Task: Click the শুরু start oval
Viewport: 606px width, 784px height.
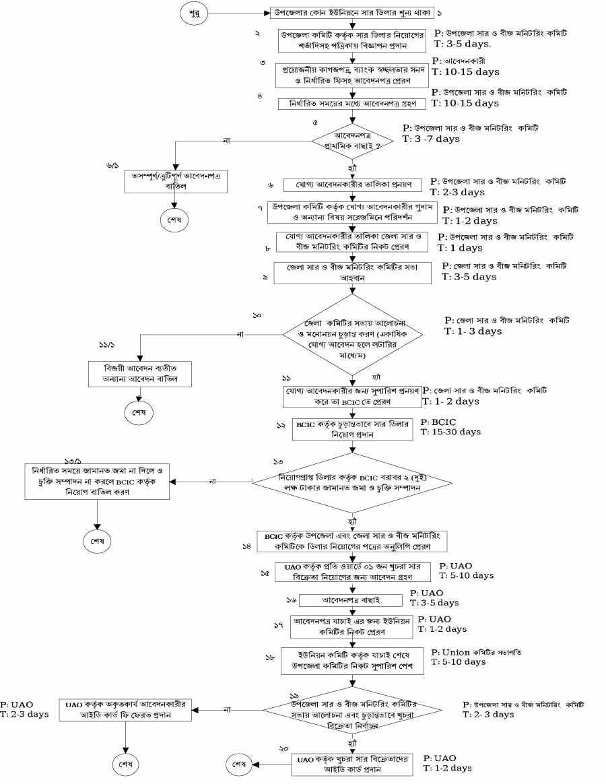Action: coord(194,13)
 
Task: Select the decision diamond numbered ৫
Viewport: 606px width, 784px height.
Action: coord(353,140)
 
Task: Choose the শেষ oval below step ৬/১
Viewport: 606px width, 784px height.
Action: coord(174,220)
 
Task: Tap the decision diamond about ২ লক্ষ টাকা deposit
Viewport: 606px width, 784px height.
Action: coord(353,482)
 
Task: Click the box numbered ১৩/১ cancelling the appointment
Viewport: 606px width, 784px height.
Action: coord(98,481)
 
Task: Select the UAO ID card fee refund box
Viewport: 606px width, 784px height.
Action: coord(126,709)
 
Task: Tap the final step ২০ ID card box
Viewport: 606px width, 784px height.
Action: coord(352,764)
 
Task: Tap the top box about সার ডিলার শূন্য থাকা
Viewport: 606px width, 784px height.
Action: coord(352,13)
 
